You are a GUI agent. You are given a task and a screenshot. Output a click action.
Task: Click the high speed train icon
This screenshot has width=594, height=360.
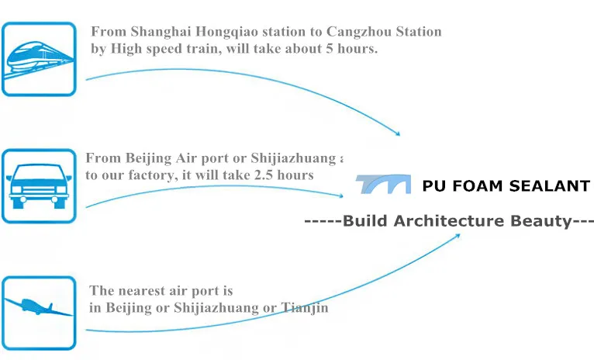pos(39,59)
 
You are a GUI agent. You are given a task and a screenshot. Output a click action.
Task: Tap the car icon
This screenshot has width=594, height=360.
pos(39,185)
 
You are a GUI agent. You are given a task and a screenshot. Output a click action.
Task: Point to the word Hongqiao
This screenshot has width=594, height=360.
pos(228,33)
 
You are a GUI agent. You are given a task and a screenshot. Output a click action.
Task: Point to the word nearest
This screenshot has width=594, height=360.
pos(143,292)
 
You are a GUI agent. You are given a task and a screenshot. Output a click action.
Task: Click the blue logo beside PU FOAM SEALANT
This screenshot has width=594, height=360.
pos(383,185)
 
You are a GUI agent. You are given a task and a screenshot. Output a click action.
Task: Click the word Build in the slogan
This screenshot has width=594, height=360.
pos(365,221)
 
